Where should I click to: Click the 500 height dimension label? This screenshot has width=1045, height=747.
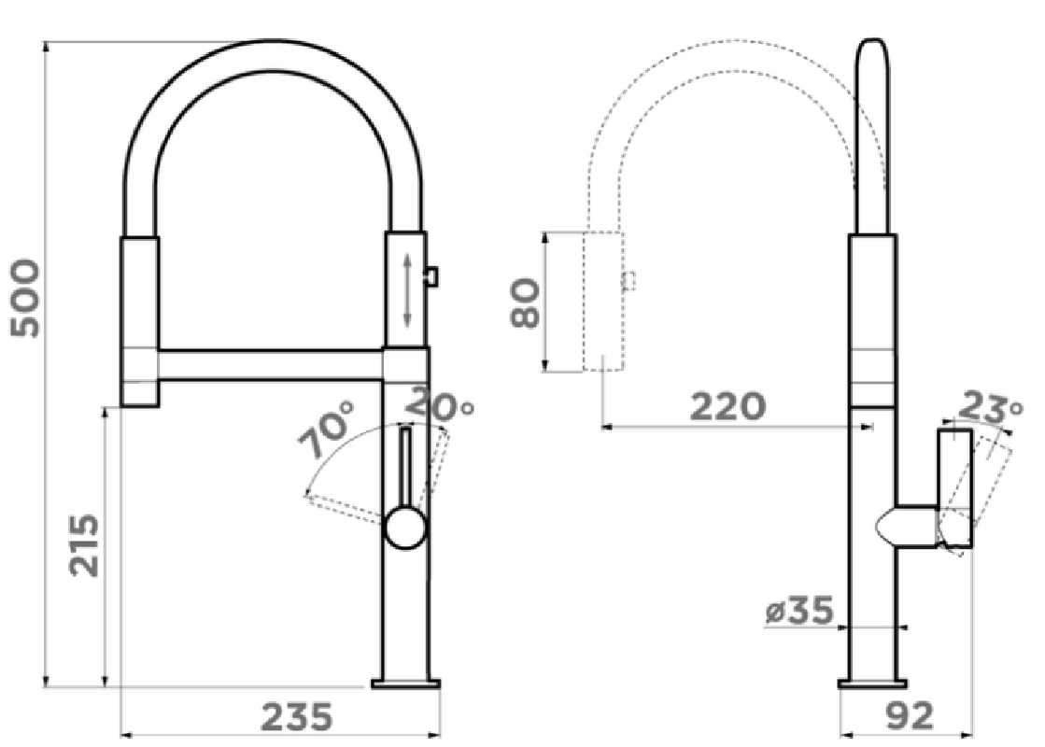pyautogui.click(x=25, y=298)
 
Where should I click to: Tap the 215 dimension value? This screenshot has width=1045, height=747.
pyautogui.click(x=85, y=545)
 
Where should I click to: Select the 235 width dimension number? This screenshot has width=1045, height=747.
pyautogui.click(x=296, y=716)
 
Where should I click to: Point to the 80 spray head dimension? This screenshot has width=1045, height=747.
pyautogui.click(x=525, y=303)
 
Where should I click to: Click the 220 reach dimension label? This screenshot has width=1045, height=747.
pyautogui.click(x=727, y=406)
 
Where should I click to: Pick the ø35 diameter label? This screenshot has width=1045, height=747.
pyautogui.click(x=799, y=611)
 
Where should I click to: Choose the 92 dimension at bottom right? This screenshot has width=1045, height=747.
pyautogui.click(x=910, y=716)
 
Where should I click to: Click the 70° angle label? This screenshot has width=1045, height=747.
pyautogui.click(x=327, y=430)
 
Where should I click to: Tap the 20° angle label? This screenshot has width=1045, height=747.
pyautogui.click(x=440, y=402)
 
